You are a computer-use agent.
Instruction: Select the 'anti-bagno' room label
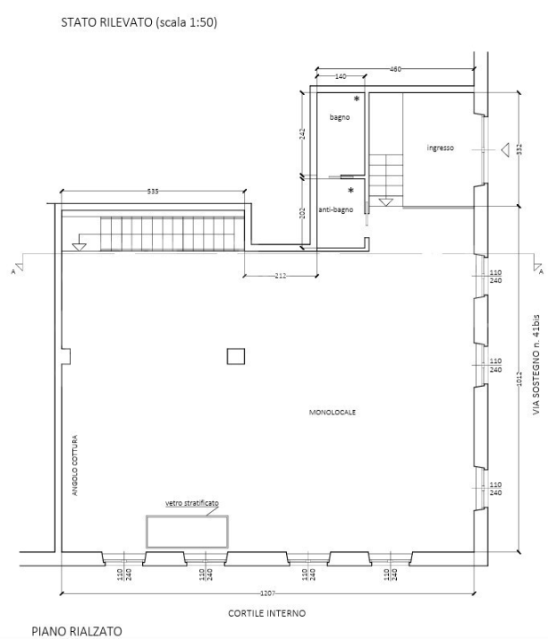tap(336, 209)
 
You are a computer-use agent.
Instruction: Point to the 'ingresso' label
tap(440, 148)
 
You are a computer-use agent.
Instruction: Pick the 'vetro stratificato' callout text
tap(192, 503)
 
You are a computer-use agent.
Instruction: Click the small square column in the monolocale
tap(235, 356)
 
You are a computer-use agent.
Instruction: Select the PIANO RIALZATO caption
tap(77, 630)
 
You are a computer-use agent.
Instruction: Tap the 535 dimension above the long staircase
tap(153, 191)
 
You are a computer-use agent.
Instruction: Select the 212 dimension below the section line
tap(280, 276)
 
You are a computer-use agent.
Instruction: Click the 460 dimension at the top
tap(396, 68)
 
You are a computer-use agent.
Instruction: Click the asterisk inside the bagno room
tap(357, 99)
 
